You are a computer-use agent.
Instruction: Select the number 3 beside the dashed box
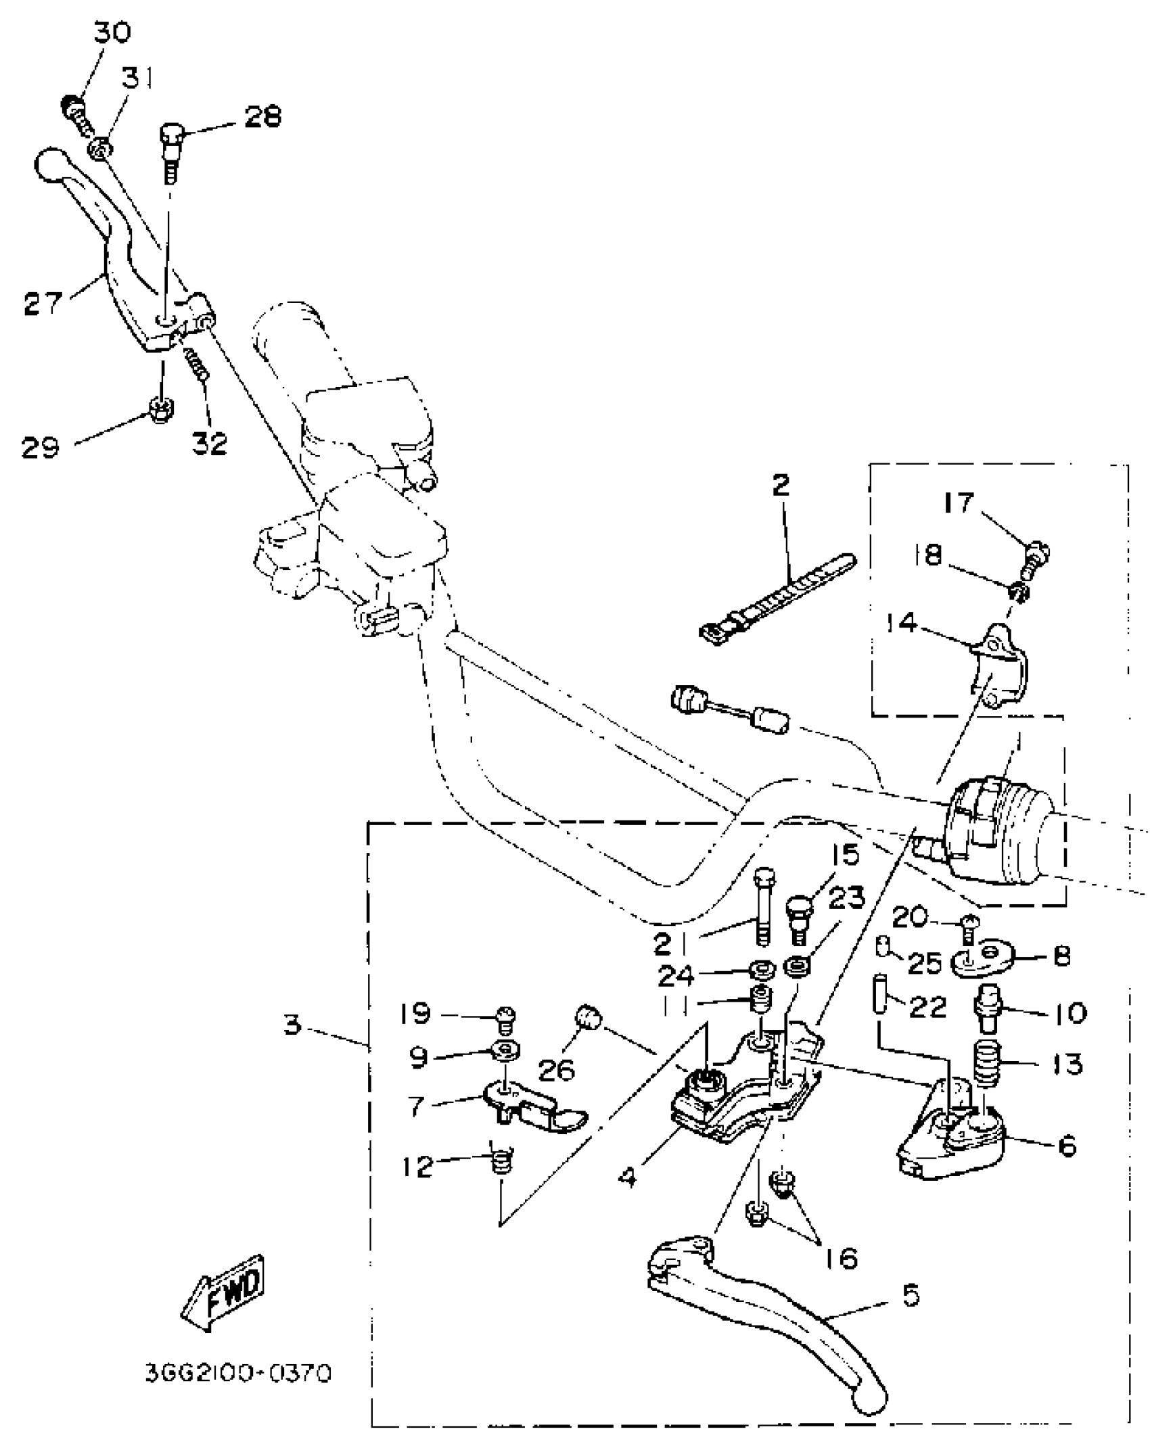pyautogui.click(x=292, y=1025)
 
